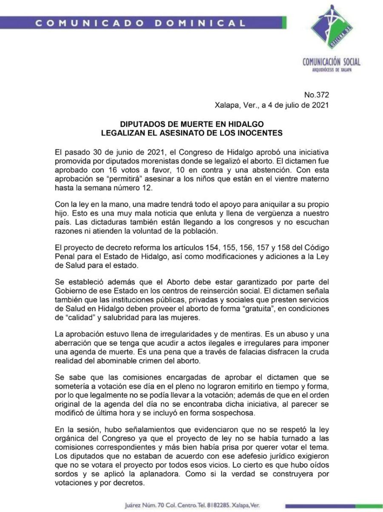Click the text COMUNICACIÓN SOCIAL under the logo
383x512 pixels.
[332, 62]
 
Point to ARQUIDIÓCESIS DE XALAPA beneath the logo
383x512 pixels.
[332, 70]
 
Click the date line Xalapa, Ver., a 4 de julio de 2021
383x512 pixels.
[272, 105]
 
